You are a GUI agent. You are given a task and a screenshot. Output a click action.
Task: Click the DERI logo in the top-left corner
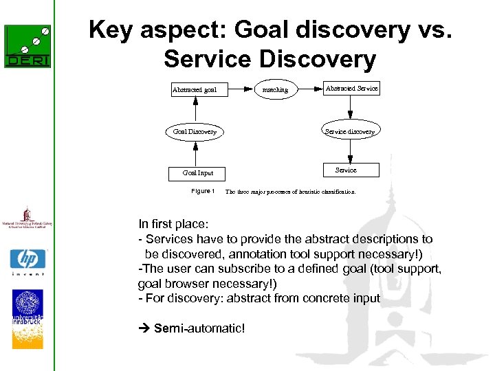point(27,47)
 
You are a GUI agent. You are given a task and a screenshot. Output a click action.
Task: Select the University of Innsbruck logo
point(27,318)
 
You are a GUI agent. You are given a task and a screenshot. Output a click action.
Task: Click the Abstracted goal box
point(195,89)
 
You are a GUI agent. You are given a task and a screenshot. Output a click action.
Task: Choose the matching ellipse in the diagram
point(276,89)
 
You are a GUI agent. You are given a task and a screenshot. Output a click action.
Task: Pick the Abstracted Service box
point(351,89)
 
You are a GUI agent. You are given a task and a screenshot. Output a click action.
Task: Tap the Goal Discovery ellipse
point(195,131)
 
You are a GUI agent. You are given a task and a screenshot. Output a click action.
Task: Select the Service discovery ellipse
point(349,131)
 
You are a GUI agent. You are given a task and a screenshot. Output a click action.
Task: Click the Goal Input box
point(197,173)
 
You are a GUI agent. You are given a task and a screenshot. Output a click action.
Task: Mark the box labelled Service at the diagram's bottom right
point(346,170)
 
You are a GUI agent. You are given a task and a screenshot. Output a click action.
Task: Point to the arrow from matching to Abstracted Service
point(309,89)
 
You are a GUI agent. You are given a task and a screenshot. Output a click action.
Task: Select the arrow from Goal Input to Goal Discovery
point(196,153)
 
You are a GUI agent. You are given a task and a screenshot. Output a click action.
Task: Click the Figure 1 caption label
point(203,191)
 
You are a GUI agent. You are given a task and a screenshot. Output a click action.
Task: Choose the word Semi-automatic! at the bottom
point(199,328)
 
